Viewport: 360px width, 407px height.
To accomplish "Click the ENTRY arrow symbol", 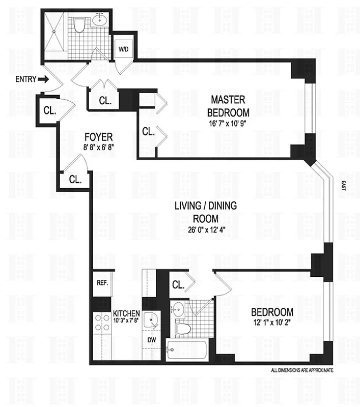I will tap(43, 79).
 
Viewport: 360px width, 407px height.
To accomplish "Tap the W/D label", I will tap(123, 49).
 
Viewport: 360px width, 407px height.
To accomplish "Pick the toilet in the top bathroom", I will tap(79, 24).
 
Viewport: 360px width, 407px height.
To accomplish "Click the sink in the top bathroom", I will tap(100, 22).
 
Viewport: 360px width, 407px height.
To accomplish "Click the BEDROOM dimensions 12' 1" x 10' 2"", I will tap(270, 322).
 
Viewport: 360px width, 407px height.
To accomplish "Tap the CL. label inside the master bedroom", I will tap(148, 132).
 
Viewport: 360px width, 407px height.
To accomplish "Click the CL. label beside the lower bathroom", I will tap(178, 285).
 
